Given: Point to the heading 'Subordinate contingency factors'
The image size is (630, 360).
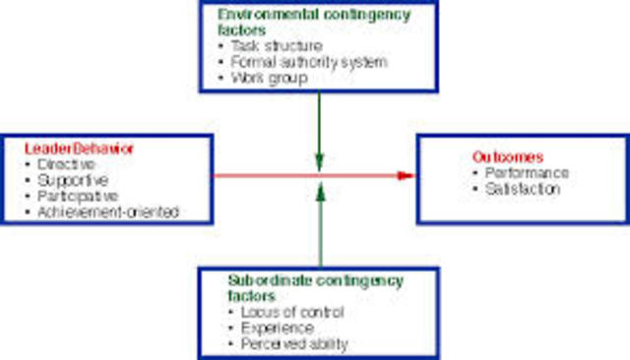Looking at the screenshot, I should [x=315, y=287].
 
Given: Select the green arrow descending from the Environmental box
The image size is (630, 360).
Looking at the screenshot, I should [x=319, y=128].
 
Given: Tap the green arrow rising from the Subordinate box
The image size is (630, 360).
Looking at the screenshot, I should [x=319, y=226].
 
